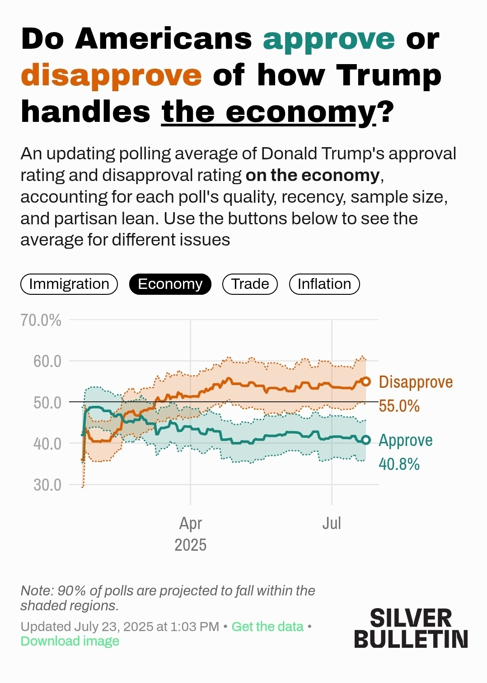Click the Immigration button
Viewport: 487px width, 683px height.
pyautogui.click(x=69, y=284)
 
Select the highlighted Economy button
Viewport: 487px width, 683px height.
pyautogui.click(x=170, y=284)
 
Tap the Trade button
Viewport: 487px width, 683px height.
pyautogui.click(x=250, y=284)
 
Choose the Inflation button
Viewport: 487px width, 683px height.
pyautogui.click(x=324, y=284)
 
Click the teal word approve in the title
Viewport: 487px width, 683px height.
pyautogui.click(x=329, y=40)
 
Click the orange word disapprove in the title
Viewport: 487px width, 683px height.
pyautogui.click(x=111, y=76)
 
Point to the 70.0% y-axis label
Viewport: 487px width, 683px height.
pyautogui.click(x=41, y=320)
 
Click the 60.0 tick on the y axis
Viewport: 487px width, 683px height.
pyautogui.click(x=47, y=361)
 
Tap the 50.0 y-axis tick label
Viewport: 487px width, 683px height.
pyautogui.click(x=47, y=402)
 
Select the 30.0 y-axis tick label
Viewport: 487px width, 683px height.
pyautogui.click(x=47, y=485)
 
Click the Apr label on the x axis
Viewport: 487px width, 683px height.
pyautogui.click(x=190, y=523)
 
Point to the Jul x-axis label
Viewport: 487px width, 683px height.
pyautogui.click(x=332, y=523)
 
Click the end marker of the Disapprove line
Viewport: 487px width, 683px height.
pyautogui.click(x=366, y=381)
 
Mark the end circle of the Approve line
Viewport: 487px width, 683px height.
pyautogui.click(x=366, y=440)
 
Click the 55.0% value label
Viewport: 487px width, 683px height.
pyautogui.click(x=399, y=406)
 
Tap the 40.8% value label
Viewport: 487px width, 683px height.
pyautogui.click(x=399, y=464)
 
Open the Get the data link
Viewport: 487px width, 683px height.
pyautogui.click(x=267, y=627)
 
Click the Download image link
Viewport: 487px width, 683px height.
pyautogui.click(x=70, y=641)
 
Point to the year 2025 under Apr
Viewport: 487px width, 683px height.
pyautogui.click(x=190, y=545)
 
